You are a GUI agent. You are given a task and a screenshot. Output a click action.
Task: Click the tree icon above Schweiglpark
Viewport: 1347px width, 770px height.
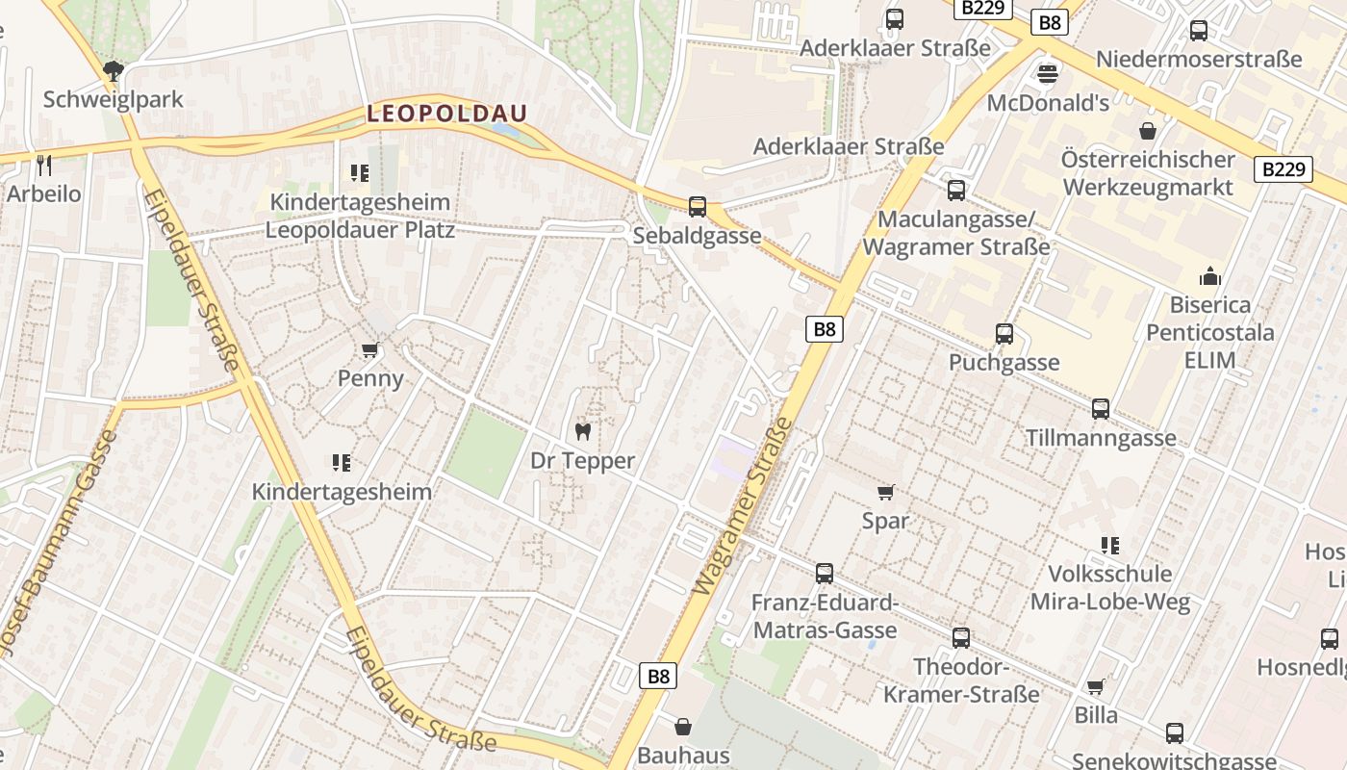point(114,69)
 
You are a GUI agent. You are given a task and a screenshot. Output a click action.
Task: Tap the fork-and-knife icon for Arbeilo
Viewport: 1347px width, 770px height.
point(44,164)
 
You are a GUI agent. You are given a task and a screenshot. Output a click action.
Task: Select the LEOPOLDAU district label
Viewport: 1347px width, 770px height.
point(447,113)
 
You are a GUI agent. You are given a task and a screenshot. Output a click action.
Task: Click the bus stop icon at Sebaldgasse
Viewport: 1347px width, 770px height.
point(698,206)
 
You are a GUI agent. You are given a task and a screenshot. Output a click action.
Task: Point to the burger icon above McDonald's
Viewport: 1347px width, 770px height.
point(1048,74)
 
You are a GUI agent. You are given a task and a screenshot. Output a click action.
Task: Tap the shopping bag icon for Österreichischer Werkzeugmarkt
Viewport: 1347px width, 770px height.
point(1147,130)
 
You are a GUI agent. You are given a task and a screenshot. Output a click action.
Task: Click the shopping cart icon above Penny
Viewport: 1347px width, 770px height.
point(370,348)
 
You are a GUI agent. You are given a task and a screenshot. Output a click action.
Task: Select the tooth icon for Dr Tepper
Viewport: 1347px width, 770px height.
point(582,431)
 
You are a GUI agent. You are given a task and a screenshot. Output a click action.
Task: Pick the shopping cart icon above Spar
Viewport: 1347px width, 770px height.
point(886,492)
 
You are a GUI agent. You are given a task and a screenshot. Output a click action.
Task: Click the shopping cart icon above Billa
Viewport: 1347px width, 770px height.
point(1096,686)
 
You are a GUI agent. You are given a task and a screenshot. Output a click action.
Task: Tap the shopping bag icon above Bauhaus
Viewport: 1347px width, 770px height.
point(683,726)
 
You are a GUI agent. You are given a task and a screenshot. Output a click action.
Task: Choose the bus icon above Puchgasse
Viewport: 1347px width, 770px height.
point(1004,334)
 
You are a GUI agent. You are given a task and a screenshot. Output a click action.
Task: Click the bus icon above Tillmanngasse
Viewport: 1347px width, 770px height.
point(1101,409)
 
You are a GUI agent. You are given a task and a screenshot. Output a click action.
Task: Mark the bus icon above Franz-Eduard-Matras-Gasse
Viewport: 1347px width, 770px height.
point(825,574)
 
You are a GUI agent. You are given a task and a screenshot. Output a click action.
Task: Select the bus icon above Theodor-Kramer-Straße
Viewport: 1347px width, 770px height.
point(961,638)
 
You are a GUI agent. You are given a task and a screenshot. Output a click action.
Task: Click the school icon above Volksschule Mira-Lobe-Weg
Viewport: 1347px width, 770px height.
point(1110,546)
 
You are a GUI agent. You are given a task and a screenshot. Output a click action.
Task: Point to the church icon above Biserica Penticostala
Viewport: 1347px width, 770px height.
point(1210,276)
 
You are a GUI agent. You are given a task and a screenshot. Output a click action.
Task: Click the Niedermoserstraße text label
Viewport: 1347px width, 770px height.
point(1199,60)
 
